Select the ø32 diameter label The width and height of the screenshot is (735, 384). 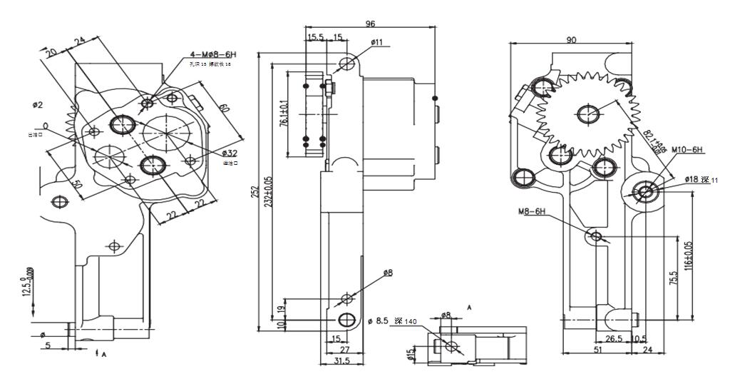click(x=230, y=153)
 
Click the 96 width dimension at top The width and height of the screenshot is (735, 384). click(x=371, y=24)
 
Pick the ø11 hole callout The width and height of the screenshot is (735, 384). click(x=377, y=43)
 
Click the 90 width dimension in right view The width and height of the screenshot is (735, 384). click(x=572, y=40)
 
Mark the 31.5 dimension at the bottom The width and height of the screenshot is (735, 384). click(x=341, y=362)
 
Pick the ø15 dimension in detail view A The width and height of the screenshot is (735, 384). click(x=411, y=355)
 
